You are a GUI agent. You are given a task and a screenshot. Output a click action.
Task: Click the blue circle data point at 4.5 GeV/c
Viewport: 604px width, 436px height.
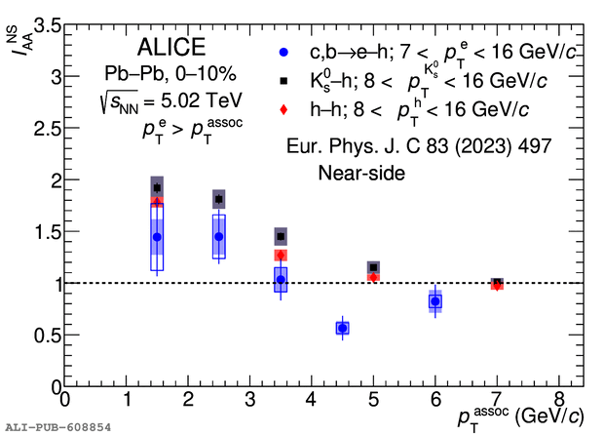(x=342, y=329)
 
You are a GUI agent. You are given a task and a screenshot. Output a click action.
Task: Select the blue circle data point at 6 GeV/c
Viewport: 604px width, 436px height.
(x=435, y=301)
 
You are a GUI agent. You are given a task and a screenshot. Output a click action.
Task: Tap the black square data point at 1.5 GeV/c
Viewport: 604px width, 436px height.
(x=157, y=187)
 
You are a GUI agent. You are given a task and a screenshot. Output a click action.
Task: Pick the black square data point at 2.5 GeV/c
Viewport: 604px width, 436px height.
(x=219, y=199)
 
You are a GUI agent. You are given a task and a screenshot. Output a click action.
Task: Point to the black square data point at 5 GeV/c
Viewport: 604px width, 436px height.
(x=373, y=267)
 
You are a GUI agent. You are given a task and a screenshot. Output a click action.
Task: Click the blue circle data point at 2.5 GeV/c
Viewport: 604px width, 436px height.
(x=219, y=236)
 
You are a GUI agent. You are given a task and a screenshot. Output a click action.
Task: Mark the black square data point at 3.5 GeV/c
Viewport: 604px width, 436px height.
(x=281, y=236)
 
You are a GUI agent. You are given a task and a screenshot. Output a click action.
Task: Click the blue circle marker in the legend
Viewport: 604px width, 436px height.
(x=283, y=52)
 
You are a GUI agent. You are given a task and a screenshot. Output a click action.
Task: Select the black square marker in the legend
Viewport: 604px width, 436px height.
(x=283, y=80)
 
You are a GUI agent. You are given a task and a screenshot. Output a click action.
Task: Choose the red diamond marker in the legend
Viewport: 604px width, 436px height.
(x=283, y=109)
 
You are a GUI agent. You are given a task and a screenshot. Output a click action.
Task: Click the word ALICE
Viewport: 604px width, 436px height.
(x=171, y=48)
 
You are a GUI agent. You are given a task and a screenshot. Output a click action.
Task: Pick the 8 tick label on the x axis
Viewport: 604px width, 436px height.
(x=558, y=400)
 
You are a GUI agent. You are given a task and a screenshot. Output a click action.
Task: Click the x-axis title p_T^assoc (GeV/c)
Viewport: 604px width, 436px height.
(x=524, y=417)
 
